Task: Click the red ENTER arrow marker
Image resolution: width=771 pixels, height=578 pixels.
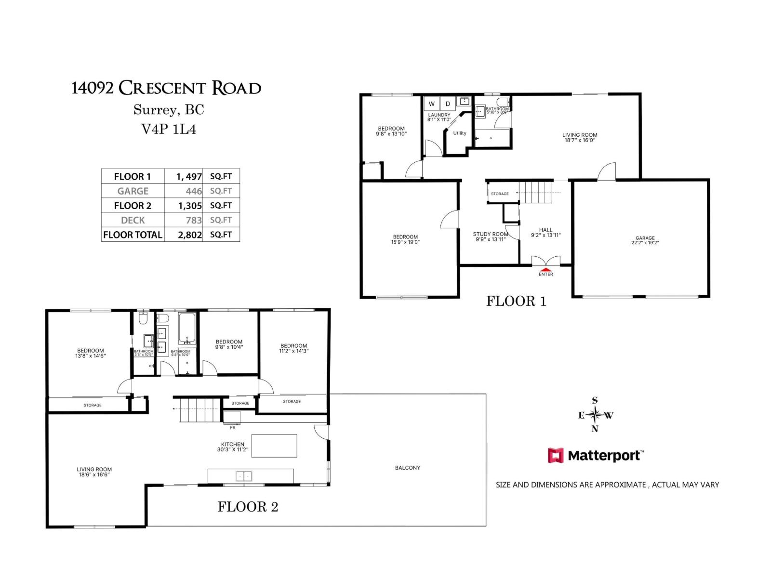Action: [545, 270]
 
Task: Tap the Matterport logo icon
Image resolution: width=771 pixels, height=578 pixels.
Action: [555, 455]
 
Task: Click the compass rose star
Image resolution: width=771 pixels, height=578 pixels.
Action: [595, 415]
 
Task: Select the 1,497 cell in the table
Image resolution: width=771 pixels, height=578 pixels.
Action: [189, 176]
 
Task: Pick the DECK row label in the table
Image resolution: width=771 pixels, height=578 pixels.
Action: [133, 220]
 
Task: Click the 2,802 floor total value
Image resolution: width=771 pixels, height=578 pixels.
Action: [189, 235]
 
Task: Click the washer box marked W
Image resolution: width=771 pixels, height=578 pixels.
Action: [432, 104]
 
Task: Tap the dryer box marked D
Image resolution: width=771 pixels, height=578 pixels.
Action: [448, 104]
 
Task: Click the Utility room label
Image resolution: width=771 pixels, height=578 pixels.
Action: [459, 133]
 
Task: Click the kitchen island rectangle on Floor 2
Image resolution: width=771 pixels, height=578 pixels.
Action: [274, 446]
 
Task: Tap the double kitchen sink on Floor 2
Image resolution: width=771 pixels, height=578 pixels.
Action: [243, 476]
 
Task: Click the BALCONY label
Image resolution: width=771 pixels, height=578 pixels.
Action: [407, 468]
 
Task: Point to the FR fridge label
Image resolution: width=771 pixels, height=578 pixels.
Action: [233, 428]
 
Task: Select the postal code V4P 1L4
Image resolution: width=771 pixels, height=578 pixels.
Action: [168, 129]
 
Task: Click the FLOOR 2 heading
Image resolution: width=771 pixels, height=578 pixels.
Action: [248, 507]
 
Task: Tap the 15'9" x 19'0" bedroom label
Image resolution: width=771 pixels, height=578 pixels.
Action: [405, 239]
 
